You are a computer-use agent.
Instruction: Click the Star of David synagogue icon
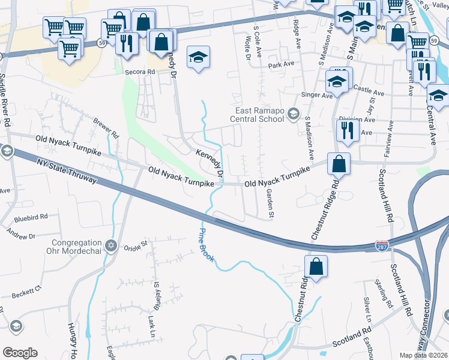[110, 245]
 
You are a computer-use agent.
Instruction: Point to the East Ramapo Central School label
[259, 114]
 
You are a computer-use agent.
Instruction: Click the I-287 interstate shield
[382, 245]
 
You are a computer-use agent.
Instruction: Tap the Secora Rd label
[140, 71]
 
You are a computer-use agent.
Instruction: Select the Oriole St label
[136, 245]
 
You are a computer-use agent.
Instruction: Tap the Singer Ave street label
[318, 95]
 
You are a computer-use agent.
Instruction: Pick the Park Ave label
[281, 64]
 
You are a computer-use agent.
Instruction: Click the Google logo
[20, 353]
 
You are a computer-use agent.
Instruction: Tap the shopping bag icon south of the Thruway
[316, 266]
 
